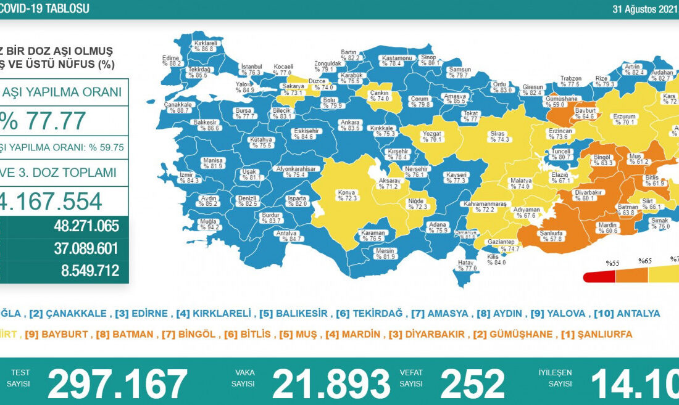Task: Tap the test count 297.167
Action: pyautogui.click(x=117, y=383)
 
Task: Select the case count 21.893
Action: pyautogui.click(x=331, y=383)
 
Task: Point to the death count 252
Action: pyautogui.click(x=472, y=383)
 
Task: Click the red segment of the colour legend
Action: pyautogui.click(x=598, y=277)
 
